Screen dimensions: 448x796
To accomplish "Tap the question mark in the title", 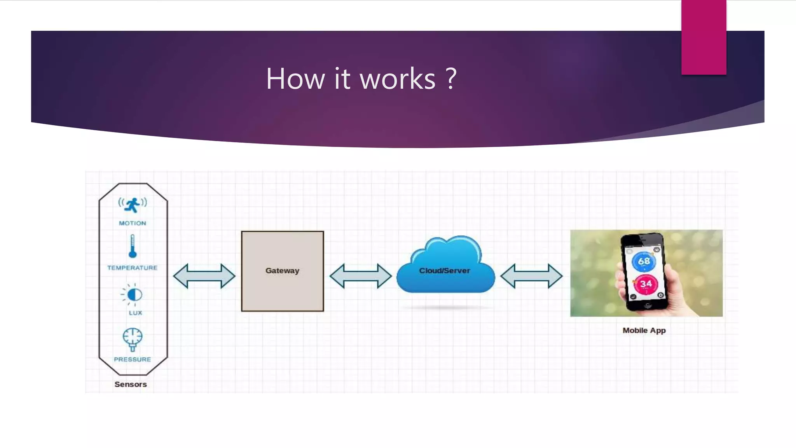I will [x=451, y=79].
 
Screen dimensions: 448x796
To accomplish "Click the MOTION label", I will [x=133, y=223].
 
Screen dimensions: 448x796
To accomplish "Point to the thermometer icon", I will [x=133, y=247].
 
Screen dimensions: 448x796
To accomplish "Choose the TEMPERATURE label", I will [x=132, y=268].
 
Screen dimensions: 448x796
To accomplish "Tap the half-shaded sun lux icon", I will [x=133, y=295].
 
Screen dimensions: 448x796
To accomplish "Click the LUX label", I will [x=135, y=313].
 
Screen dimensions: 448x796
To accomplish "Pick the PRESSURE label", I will [x=132, y=359].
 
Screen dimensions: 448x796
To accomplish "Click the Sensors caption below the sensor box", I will [x=131, y=384].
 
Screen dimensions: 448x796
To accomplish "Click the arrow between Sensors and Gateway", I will [x=204, y=276].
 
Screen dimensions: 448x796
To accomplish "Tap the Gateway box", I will [x=283, y=271].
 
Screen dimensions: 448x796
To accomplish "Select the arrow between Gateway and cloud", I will [x=361, y=276].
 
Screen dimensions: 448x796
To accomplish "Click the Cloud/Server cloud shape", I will [x=445, y=268].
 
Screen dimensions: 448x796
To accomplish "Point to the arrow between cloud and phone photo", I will [x=531, y=276].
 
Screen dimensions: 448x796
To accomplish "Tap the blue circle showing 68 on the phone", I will [x=644, y=261].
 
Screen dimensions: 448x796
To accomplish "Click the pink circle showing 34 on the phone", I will [x=646, y=284].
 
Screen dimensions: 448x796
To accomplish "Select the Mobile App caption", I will [x=644, y=331].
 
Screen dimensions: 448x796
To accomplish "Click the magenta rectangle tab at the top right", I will [x=703, y=37].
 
